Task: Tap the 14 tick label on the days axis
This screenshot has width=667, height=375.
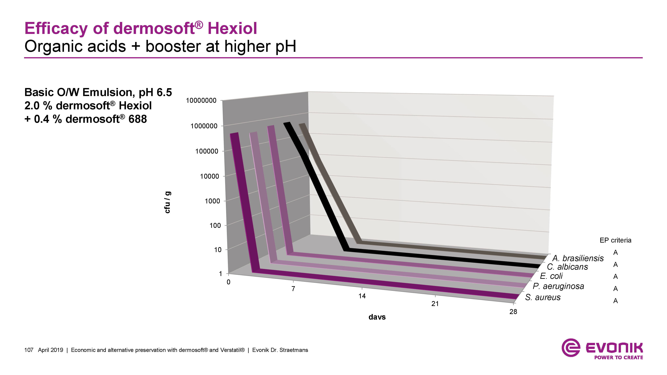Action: (362, 296)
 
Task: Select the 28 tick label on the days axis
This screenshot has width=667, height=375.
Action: (513, 312)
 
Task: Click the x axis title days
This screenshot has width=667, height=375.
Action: (377, 317)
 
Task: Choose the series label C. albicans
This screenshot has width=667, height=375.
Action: (567, 267)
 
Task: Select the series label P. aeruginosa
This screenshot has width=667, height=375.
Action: (558, 286)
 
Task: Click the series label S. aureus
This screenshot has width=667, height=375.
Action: (543, 297)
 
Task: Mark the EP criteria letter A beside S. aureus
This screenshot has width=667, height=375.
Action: (616, 301)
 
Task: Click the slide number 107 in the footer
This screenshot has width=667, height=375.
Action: (29, 350)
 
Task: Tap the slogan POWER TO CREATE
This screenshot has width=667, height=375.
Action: (619, 357)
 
